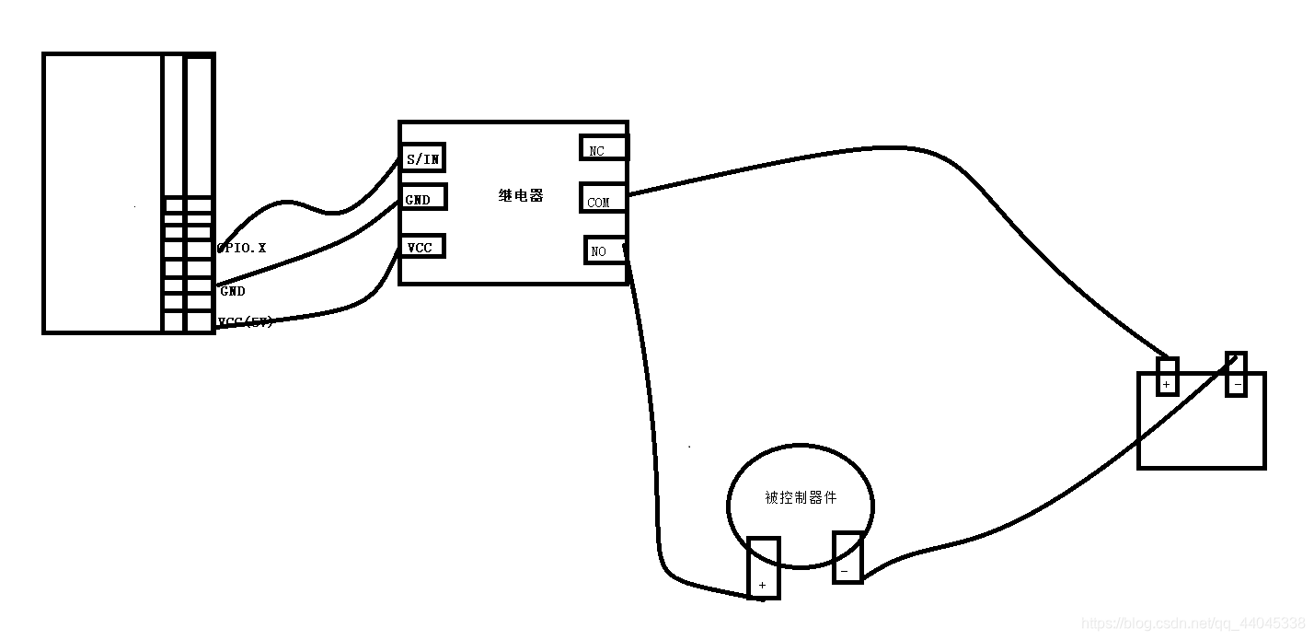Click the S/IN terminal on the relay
click(422, 158)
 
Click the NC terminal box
click(603, 148)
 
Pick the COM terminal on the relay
click(603, 199)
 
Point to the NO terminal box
click(605, 250)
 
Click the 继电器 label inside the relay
click(521, 196)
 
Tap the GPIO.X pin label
click(243, 249)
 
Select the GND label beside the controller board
click(233, 291)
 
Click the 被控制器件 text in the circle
click(801, 497)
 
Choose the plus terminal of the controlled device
click(763, 567)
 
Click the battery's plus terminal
click(1167, 377)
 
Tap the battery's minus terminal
click(1236, 375)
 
